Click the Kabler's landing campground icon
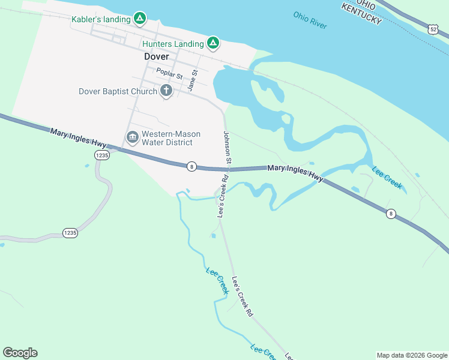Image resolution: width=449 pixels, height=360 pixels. pos(139,19)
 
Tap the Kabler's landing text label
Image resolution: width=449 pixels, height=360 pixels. pos(101,19)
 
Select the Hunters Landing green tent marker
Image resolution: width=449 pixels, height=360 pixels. pos(212,43)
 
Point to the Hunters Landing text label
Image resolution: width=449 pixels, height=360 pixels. pos(173,44)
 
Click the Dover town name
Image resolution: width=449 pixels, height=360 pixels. pos(157,57)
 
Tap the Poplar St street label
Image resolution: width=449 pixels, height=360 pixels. pos(169,74)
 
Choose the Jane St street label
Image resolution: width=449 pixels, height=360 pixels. pos(193,80)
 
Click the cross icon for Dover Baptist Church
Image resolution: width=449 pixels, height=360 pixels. pos(166,91)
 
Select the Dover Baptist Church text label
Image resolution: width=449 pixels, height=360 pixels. pos(118,92)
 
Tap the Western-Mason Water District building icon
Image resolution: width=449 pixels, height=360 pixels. pos(132,138)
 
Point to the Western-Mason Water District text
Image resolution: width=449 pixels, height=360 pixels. pos(171,138)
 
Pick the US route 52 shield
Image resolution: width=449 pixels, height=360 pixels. pos(433,28)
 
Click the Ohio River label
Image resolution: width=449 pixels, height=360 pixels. pos(310,20)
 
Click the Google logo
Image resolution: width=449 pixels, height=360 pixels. pos(20,353)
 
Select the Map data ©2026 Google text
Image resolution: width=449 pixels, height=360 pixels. pos(412,355)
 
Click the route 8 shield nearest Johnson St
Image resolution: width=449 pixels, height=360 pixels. pos(191,166)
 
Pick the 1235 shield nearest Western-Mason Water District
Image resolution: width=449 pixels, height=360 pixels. pos(101,155)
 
